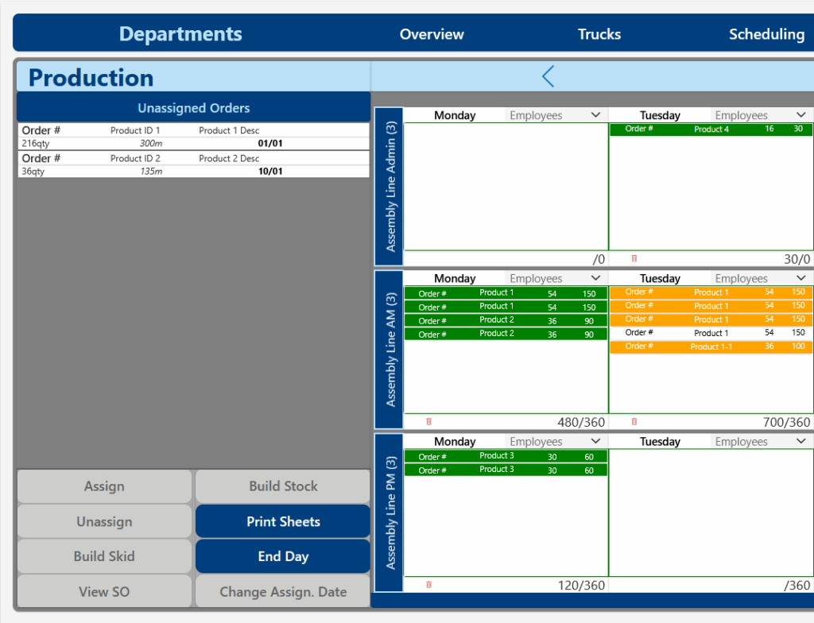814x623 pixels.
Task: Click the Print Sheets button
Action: [x=283, y=521]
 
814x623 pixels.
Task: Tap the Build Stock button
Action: [x=283, y=486]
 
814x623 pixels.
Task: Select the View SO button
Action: [x=104, y=591]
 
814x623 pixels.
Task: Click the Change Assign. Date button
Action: [x=283, y=591]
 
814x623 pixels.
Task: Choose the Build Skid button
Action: [x=104, y=556]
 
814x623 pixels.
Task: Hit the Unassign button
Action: [x=104, y=521]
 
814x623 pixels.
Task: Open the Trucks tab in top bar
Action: [x=599, y=34]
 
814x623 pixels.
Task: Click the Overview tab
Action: [x=432, y=34]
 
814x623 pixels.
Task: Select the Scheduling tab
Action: [x=766, y=34]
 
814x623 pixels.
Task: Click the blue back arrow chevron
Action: [x=548, y=76]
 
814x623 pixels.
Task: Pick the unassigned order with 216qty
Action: [x=193, y=137]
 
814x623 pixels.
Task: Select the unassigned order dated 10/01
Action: [x=193, y=164]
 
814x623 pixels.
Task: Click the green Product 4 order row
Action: [x=711, y=130]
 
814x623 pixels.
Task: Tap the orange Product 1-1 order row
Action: [x=711, y=346]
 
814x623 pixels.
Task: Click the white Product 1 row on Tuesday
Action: [x=711, y=333]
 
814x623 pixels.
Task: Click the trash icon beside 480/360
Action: [x=429, y=422]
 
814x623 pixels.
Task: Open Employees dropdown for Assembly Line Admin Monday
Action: [x=556, y=115]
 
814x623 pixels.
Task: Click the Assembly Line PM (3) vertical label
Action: [x=390, y=513]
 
